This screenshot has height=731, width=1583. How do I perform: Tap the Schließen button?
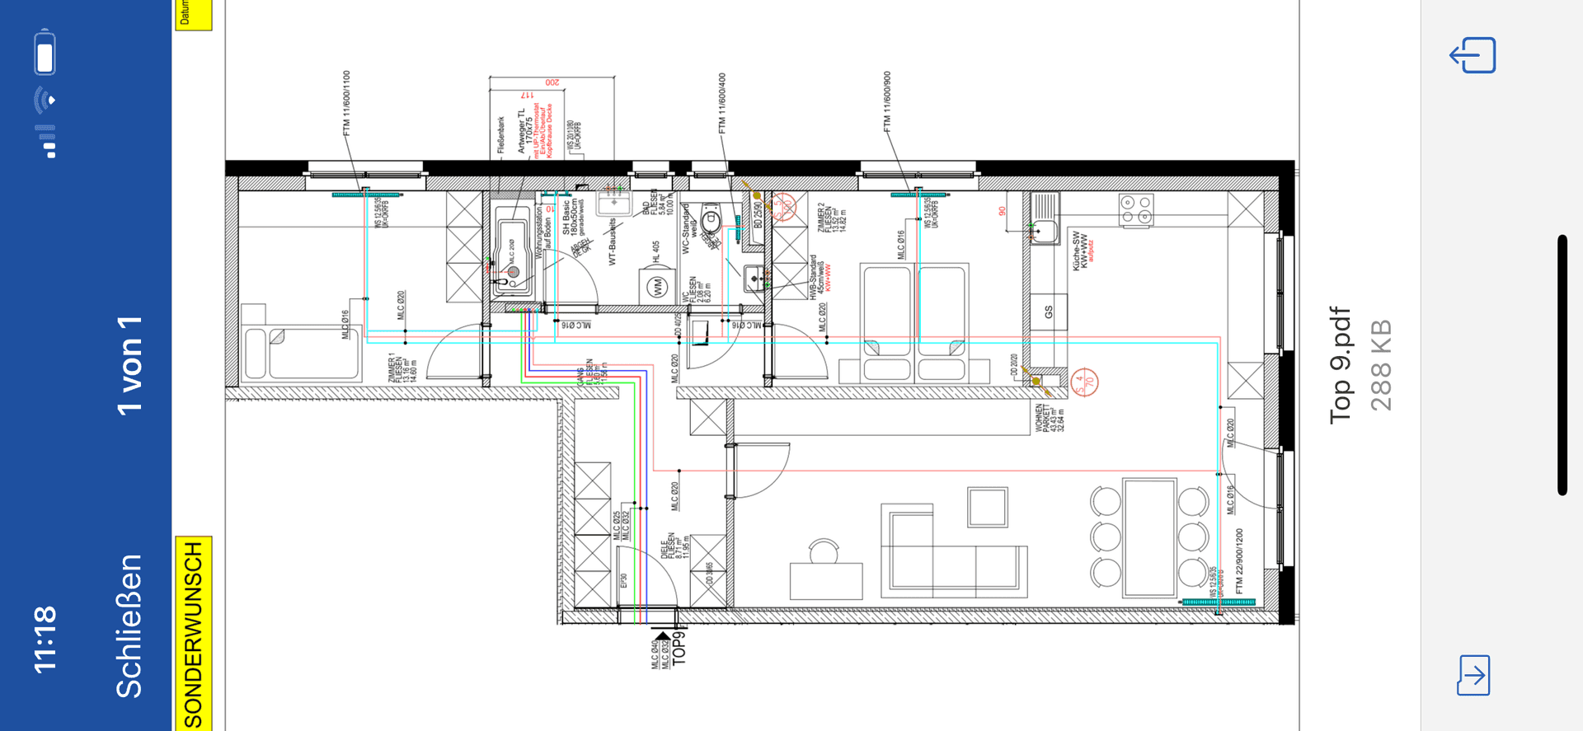pyautogui.click(x=129, y=626)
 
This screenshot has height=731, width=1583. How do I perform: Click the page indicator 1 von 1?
pyautogui.click(x=129, y=365)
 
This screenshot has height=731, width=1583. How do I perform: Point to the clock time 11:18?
pyautogui.click(x=45, y=640)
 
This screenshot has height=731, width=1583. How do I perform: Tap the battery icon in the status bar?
pyautogui.click(x=45, y=53)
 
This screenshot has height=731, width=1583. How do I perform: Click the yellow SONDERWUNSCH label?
pyautogui.click(x=193, y=633)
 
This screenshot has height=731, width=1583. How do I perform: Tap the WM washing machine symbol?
pyautogui.click(x=657, y=287)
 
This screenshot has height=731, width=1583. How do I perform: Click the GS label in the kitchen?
pyautogui.click(x=1049, y=312)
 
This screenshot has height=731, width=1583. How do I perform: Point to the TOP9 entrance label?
pyautogui.click(x=679, y=647)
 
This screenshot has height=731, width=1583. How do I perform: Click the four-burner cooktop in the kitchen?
pyautogui.click(x=1136, y=209)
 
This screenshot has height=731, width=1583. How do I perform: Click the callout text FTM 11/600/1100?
pyautogui.click(x=347, y=103)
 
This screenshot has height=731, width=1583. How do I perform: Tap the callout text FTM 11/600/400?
pyautogui.click(x=722, y=103)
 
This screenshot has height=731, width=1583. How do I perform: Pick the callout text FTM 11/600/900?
pyautogui.click(x=887, y=101)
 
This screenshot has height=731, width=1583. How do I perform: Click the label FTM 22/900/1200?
pyautogui.click(x=1239, y=561)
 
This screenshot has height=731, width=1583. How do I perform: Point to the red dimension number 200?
pyautogui.click(x=552, y=82)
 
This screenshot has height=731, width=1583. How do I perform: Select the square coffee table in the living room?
pyautogui.click(x=988, y=506)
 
